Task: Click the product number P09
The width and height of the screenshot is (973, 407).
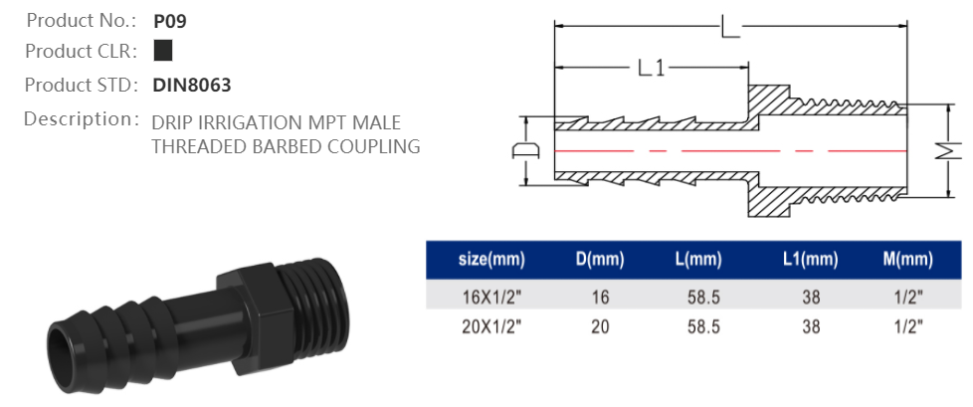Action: point(170,19)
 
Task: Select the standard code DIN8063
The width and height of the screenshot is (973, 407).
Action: point(192,86)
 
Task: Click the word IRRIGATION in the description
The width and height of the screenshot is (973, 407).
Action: point(251,123)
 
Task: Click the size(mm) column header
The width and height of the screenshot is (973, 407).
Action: point(490,261)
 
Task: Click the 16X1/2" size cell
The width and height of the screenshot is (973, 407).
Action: point(490,297)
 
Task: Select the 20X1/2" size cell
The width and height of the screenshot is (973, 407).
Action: point(490,326)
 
